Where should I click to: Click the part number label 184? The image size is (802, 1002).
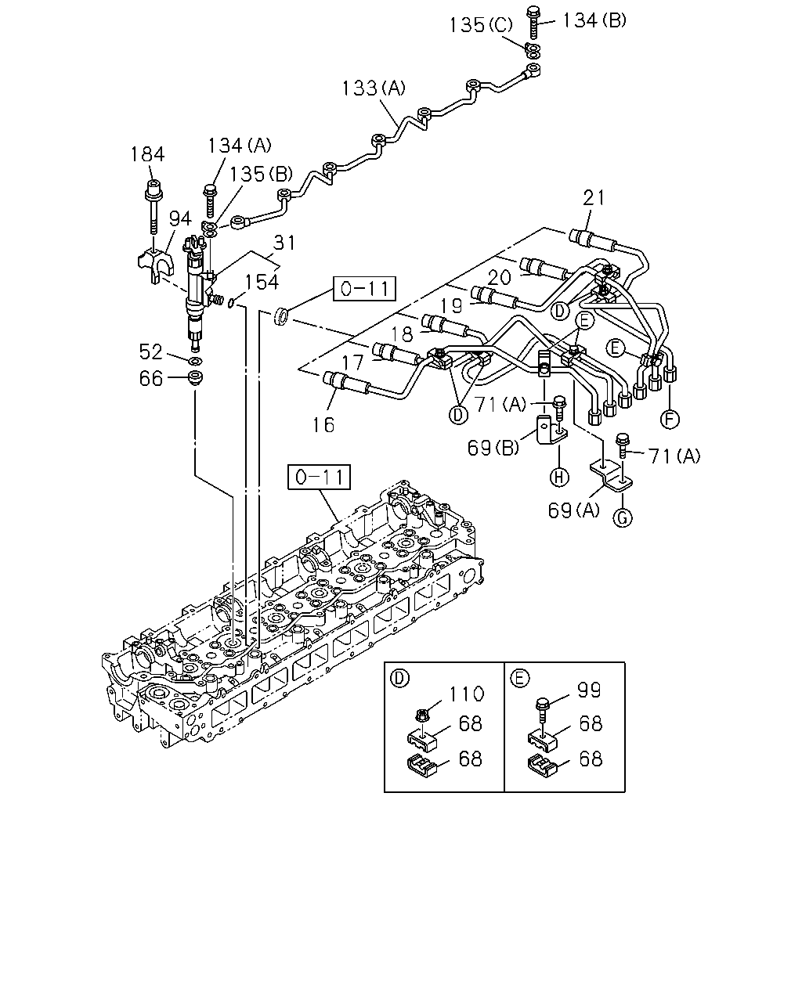click(147, 154)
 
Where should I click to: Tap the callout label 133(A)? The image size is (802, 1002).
click(374, 88)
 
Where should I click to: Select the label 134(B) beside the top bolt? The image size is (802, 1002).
click(594, 20)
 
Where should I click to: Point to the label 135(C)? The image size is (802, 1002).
click(480, 25)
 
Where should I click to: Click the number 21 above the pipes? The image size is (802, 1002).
click(594, 198)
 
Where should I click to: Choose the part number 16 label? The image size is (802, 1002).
click(323, 424)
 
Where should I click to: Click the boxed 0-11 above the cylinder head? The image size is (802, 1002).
click(320, 477)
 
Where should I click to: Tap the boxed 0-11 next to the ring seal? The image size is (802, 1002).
click(364, 289)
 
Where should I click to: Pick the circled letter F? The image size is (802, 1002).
click(670, 420)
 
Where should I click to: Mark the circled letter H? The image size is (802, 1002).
click(559, 478)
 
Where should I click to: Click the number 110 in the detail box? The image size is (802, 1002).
click(467, 694)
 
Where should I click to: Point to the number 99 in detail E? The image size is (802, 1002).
click(589, 690)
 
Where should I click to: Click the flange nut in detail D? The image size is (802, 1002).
click(421, 714)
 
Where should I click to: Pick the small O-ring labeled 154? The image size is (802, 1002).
click(231, 303)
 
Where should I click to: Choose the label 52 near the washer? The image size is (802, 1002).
click(150, 352)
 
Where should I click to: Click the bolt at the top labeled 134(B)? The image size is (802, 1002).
click(533, 23)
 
